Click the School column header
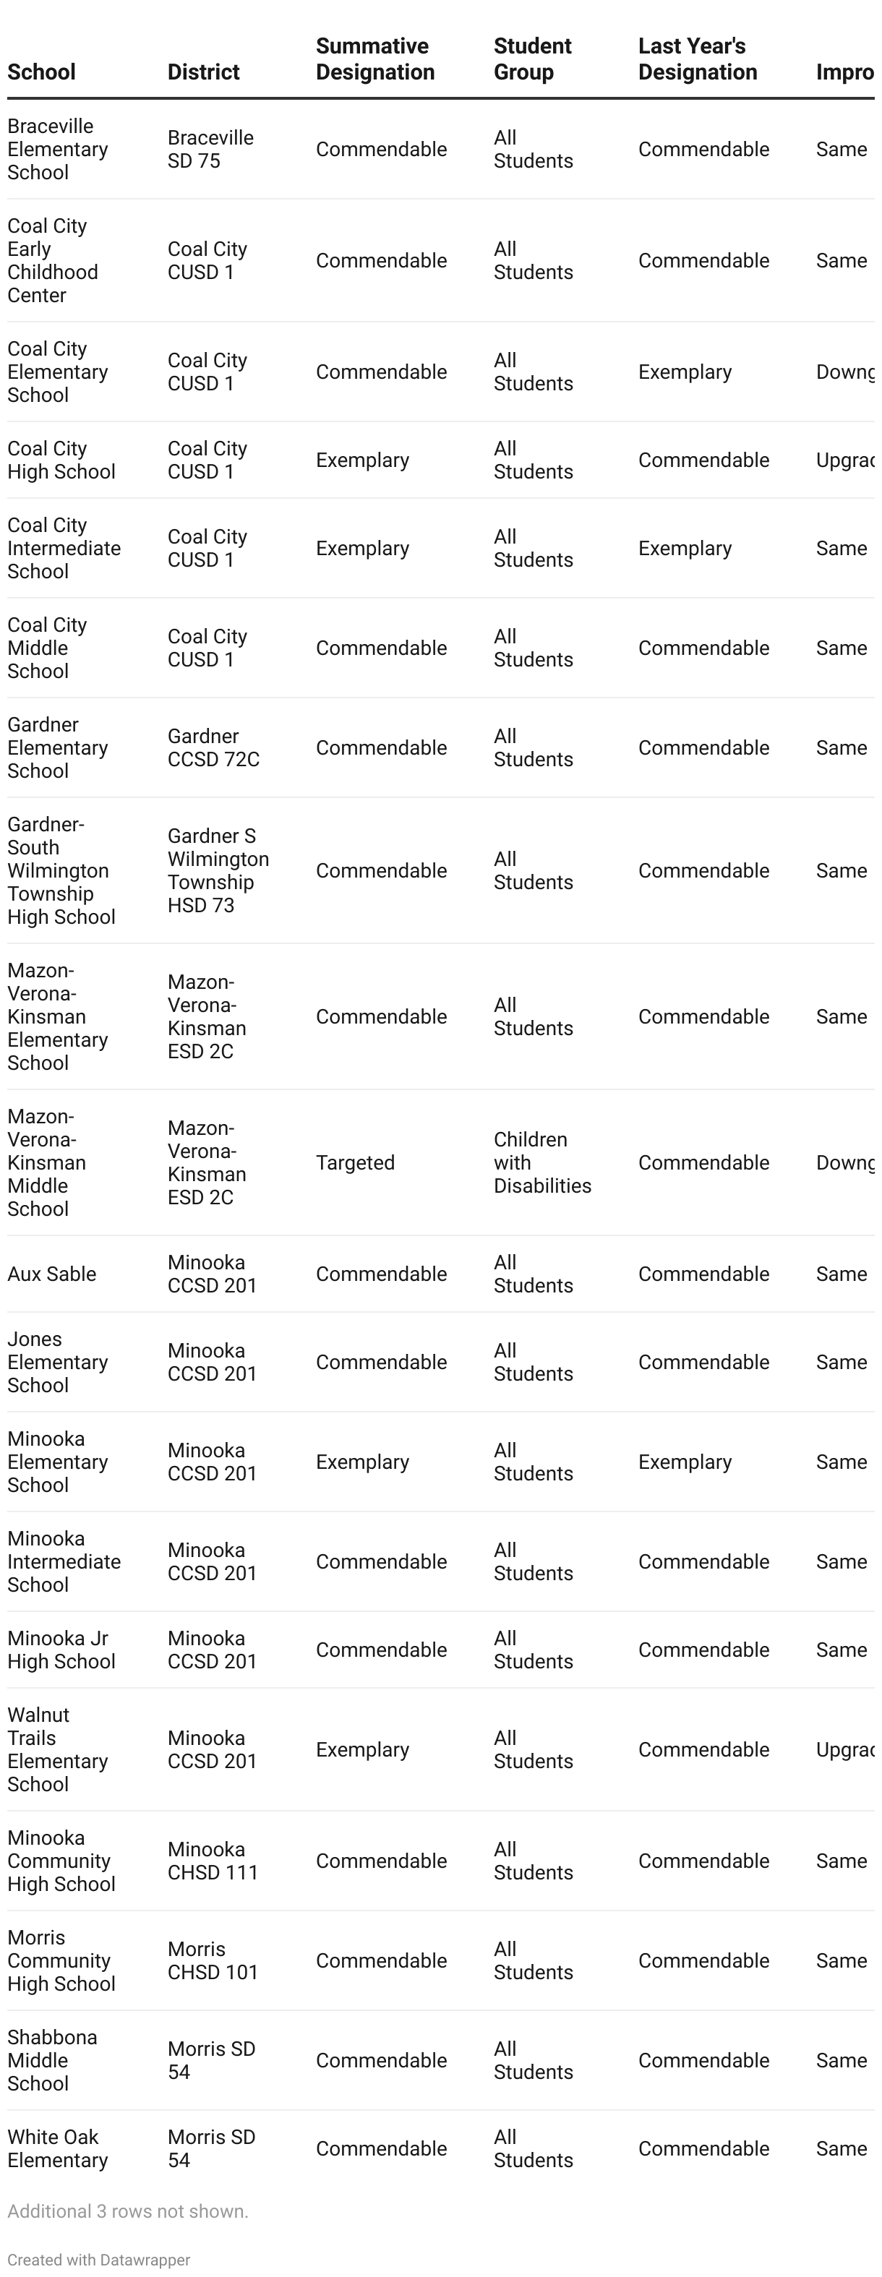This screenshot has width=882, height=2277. click(x=41, y=72)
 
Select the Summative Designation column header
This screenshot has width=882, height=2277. click(x=374, y=59)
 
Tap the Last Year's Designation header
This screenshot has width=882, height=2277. click(x=698, y=59)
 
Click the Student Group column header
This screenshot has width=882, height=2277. click(x=532, y=59)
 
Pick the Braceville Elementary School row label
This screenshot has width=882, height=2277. click(x=57, y=150)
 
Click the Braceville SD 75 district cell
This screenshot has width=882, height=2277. click(x=210, y=150)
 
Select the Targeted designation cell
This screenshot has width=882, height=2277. click(x=355, y=1162)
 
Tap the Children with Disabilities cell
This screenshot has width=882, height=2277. click(x=541, y=1162)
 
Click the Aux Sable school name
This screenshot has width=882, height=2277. click(x=51, y=1274)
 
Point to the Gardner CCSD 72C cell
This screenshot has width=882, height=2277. click(x=213, y=748)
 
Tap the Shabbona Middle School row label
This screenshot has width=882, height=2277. click(x=52, y=2060)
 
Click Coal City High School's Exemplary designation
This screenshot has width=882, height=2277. click(x=362, y=460)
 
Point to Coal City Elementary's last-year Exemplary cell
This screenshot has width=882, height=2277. click(x=685, y=372)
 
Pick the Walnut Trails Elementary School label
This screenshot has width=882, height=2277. click(x=57, y=1749)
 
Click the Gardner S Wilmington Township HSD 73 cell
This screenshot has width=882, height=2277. click(x=218, y=870)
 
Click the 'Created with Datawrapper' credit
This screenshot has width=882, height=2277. click(x=99, y=2260)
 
